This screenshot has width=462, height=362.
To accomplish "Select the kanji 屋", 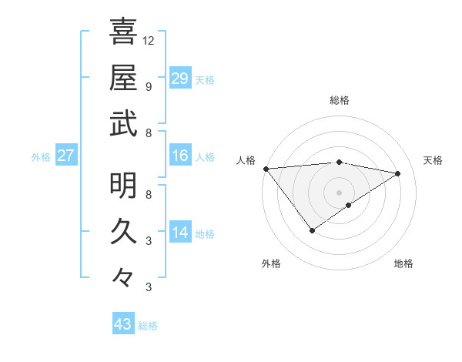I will [123, 77].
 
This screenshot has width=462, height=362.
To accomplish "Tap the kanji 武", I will [123, 123].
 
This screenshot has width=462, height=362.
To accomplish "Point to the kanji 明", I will [123, 185].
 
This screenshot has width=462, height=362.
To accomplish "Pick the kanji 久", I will [123, 231].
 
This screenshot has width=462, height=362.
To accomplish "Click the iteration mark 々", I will [123, 277].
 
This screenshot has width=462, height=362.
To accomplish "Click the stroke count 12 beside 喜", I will [149, 40].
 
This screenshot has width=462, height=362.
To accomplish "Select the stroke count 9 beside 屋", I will [149, 86].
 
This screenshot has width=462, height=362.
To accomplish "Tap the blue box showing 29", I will [179, 79].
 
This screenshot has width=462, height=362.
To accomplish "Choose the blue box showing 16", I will [179, 156].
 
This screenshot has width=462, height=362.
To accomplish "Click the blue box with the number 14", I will [179, 233].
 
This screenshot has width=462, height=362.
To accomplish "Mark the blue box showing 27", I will [65, 156].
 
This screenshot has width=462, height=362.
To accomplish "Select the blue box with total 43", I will [123, 325].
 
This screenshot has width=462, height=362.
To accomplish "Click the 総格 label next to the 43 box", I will [148, 326].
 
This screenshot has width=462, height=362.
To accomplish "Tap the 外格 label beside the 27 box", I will [41, 157].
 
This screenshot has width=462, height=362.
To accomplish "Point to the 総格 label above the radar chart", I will [339, 100].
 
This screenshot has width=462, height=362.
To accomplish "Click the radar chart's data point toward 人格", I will [266, 169].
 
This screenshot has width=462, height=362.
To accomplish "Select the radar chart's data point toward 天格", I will [398, 173].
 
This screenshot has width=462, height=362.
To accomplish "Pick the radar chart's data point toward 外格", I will [312, 230].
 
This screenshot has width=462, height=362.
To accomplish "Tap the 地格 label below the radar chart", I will [403, 264].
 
